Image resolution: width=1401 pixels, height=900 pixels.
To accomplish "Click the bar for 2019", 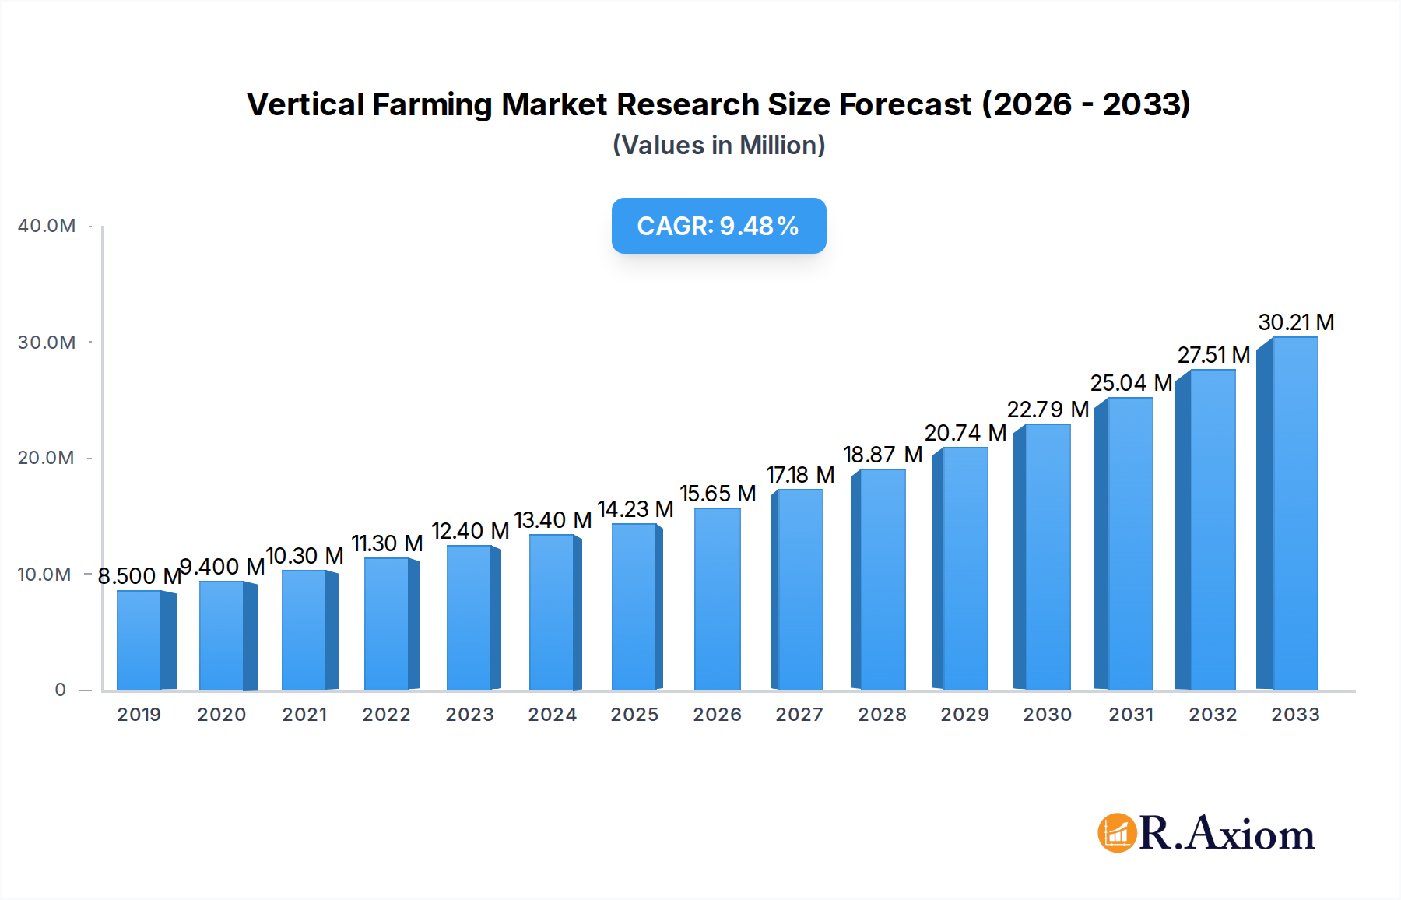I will tap(140, 640).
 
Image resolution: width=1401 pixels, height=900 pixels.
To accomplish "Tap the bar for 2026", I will tap(717, 599).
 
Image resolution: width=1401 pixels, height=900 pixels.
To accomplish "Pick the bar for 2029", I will tap(965, 568).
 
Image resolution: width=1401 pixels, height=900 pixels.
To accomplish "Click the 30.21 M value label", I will tap(1296, 322).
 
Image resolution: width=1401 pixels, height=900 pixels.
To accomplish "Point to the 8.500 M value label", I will tap(139, 576).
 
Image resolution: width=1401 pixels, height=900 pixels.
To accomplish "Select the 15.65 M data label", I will tap(718, 494).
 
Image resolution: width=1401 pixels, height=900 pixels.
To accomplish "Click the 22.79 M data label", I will tap(1048, 410).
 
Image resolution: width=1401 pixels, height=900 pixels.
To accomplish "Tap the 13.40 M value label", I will tap(553, 520).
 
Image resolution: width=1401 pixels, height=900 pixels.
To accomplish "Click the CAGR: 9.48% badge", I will tap(718, 226).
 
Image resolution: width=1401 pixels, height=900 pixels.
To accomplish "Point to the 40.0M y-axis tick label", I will tap(47, 226).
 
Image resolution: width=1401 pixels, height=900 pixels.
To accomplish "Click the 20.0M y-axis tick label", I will tap(47, 458).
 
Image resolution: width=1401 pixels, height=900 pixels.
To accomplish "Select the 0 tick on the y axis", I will tap(60, 690).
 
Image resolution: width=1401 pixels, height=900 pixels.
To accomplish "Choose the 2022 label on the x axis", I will tap(386, 715).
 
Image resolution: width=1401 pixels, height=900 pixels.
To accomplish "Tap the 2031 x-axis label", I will tap(1131, 715).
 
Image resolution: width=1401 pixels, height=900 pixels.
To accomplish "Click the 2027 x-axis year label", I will tap(799, 715).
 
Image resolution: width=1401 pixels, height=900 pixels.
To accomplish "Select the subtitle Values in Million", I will tap(718, 146).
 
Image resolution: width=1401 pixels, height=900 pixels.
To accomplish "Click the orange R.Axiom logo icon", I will tap(1117, 833).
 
